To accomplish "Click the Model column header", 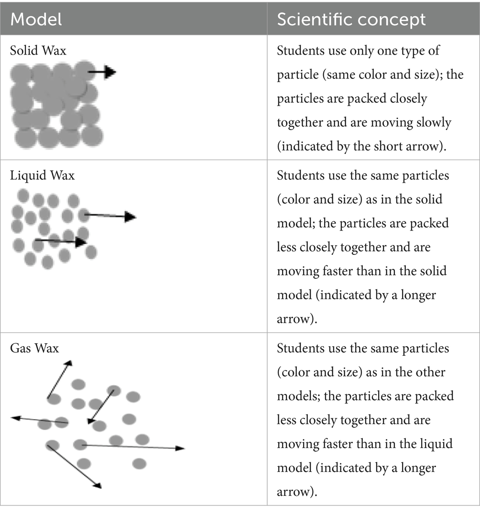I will click(x=36, y=20).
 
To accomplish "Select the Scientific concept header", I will click(x=351, y=20).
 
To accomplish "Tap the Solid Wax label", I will click(x=38, y=50).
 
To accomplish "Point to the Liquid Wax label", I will click(x=42, y=175).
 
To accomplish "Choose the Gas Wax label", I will click(x=34, y=348).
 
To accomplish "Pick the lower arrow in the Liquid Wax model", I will click(x=61, y=241).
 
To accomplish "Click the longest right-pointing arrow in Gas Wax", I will click(x=133, y=447).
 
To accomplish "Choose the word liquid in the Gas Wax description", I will click(x=431, y=444).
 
